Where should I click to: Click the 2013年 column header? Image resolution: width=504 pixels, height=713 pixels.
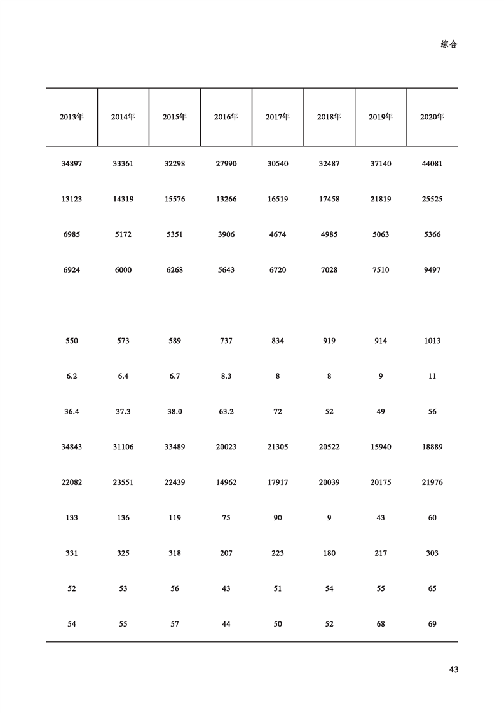coord(72,117)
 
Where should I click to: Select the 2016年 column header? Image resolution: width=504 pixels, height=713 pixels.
coord(226,117)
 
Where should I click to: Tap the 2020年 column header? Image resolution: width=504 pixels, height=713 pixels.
coord(432,117)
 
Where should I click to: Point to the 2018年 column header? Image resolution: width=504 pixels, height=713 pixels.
coord(329,117)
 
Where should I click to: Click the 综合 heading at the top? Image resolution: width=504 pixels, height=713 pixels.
coord(449,44)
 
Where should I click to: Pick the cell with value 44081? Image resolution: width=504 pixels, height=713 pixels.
coord(432,164)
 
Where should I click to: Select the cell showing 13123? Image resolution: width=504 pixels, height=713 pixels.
coord(72,199)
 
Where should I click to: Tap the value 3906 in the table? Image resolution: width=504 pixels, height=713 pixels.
coord(226,234)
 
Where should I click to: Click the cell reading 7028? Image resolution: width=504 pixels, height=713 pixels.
coord(329,270)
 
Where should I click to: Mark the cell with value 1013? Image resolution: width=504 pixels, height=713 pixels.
coord(432,341)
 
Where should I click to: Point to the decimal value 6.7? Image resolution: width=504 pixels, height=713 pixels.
coord(175,376)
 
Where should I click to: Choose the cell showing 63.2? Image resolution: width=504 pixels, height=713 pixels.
coord(226,412)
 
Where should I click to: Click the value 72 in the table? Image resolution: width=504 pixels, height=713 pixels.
coord(278,412)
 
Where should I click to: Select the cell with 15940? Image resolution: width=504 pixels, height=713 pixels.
coord(381,447)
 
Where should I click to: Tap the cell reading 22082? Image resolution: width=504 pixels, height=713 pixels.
coord(72,482)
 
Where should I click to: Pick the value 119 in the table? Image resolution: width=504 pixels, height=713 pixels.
coord(175,518)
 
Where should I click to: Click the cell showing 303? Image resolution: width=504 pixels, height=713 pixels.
coord(432,553)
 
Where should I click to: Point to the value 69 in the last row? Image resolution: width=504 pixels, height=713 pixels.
coord(432,624)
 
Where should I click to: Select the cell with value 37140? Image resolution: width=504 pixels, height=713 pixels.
coord(381,164)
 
